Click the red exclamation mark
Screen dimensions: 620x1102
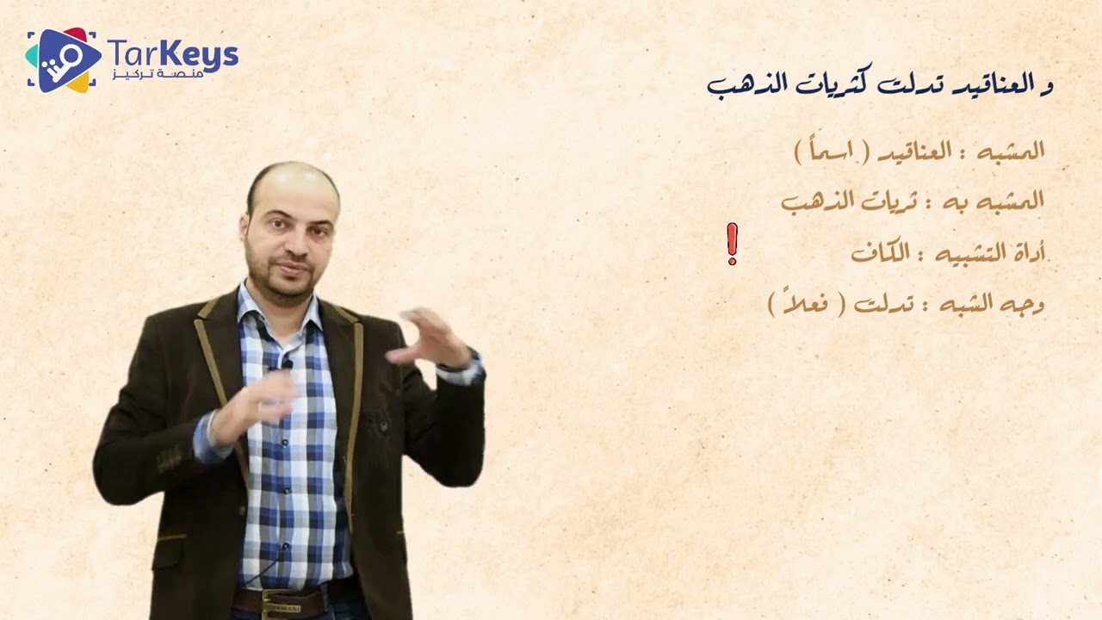tap(732, 244)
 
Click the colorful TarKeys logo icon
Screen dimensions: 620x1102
tap(60, 59)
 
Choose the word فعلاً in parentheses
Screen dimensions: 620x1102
tap(806, 304)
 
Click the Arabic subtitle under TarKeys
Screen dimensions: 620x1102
tap(172, 78)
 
